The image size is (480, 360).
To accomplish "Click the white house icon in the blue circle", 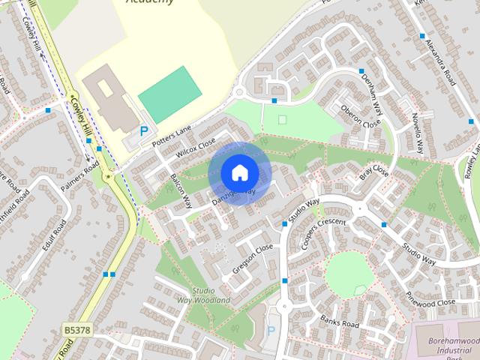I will pos(239,172).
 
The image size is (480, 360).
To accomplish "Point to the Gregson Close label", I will pos(253,257).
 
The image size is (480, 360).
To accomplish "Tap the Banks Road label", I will pos(339,323).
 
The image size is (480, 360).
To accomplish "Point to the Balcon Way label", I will pos(181,190).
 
